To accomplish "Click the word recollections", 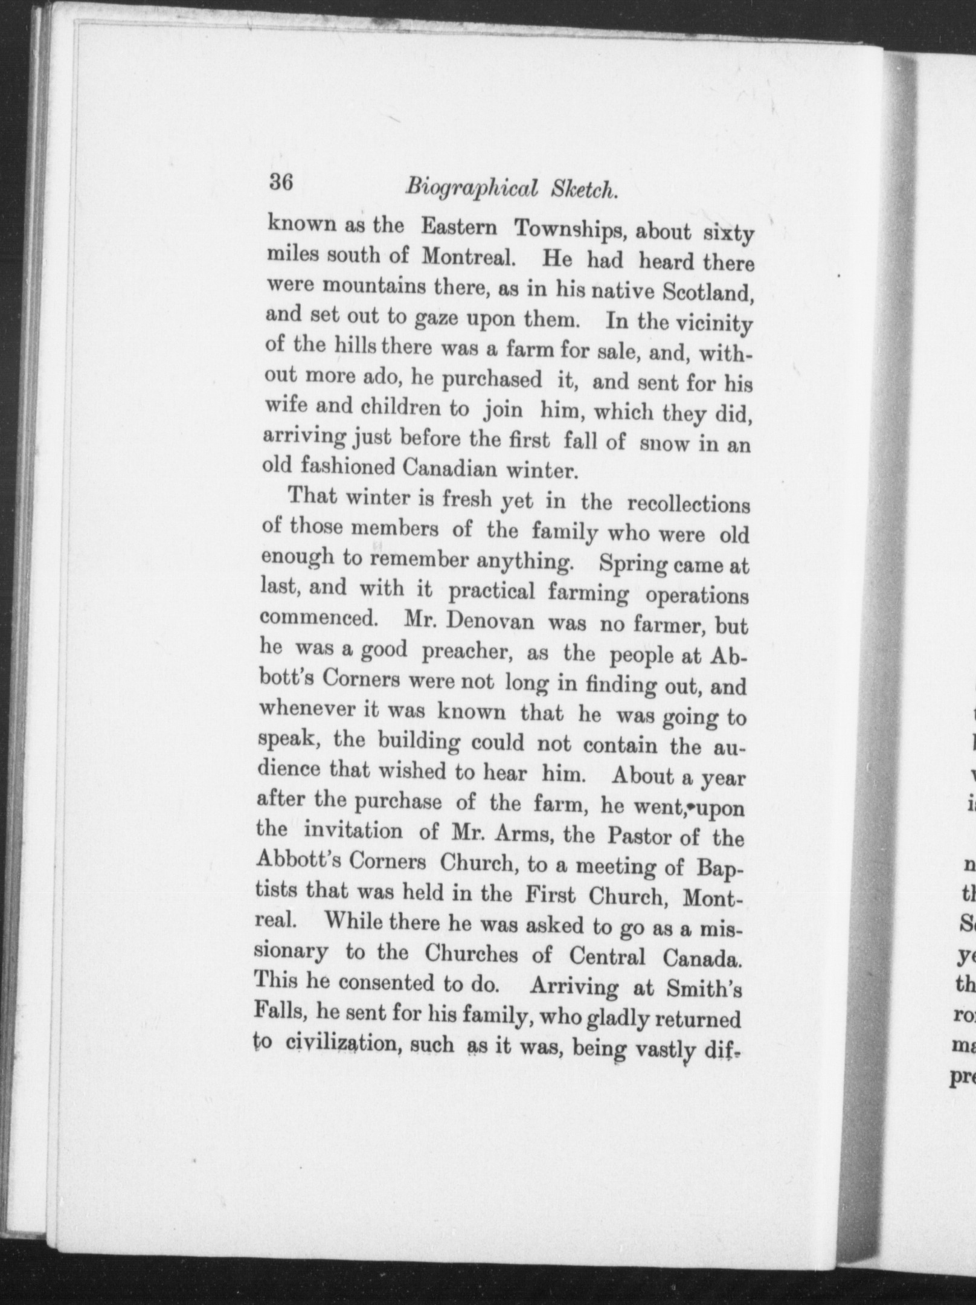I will pyautogui.click(x=688, y=504).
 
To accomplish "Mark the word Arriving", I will pyautogui.click(x=574, y=987).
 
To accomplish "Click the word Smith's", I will pyautogui.click(x=704, y=988).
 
